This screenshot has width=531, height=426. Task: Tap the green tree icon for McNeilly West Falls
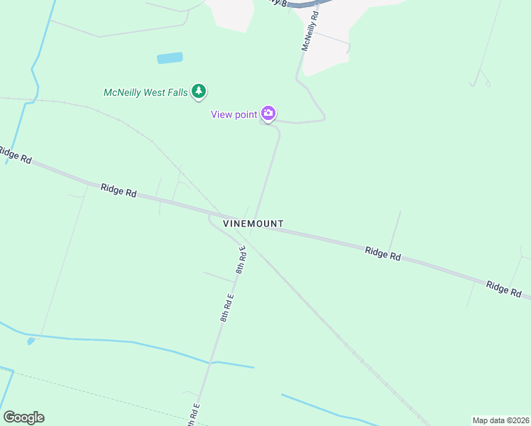point(200,92)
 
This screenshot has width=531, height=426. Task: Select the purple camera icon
point(268,113)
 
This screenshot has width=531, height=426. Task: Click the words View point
point(234,115)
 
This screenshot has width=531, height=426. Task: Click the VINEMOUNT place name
point(253,224)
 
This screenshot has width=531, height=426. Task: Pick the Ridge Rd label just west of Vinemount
point(119,190)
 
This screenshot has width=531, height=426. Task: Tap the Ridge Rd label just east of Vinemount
point(383,253)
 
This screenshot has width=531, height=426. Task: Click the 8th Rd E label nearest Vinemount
point(241,260)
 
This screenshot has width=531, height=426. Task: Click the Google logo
point(23,417)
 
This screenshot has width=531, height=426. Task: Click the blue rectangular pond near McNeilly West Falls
point(170,58)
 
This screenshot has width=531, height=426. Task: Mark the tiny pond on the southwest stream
point(31,342)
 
